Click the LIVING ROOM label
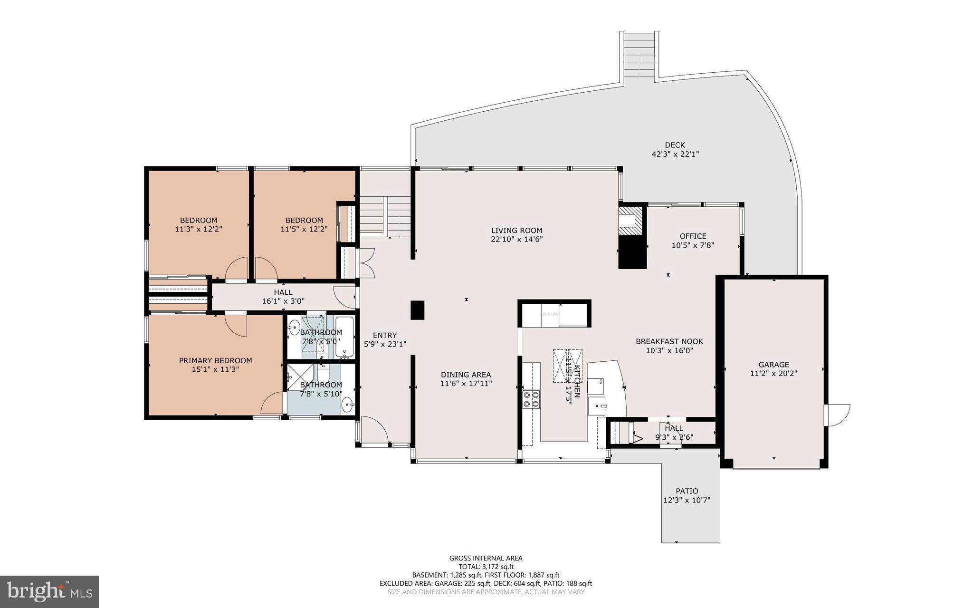pos(516,231)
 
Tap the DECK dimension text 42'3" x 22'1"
pos(675,154)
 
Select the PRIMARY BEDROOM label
pos(215,360)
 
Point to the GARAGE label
pos(773,365)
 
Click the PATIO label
pos(687,491)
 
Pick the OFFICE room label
pos(693,236)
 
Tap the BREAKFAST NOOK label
pos(669,341)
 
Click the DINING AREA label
pos(466,375)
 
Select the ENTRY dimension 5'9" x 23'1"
pos(385,344)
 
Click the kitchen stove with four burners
pos(531,399)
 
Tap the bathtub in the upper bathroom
pos(344,337)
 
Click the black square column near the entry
pos(417,310)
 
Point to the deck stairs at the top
pos(639,56)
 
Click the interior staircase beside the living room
pos(385,216)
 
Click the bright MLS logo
pos(49,591)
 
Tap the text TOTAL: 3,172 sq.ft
pos(486,567)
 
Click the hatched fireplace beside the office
pos(632,220)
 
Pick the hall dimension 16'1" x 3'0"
pos(283,301)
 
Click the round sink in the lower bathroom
pos(348,405)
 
